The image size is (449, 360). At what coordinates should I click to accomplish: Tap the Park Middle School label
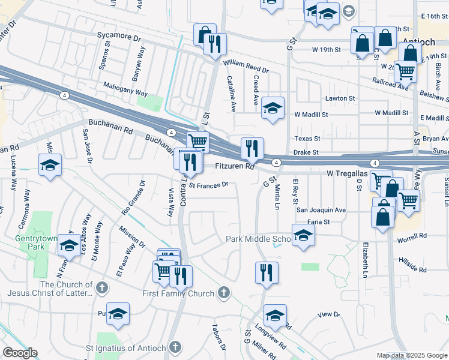coord(258,239)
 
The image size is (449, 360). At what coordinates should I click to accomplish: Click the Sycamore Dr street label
coord(119,36)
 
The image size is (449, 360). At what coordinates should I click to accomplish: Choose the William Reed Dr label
coord(246,66)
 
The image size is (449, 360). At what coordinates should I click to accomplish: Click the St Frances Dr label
coord(208,185)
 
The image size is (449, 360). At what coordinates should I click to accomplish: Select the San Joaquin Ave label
coord(321,211)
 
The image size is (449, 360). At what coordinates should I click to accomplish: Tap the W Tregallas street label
coord(346,173)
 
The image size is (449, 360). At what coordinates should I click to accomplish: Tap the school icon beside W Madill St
coord(273,107)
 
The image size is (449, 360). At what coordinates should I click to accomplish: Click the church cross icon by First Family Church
coord(223,293)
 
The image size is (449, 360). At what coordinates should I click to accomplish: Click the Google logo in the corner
coord(20,353)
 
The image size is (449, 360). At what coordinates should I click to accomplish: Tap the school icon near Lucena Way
coord(50,164)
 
